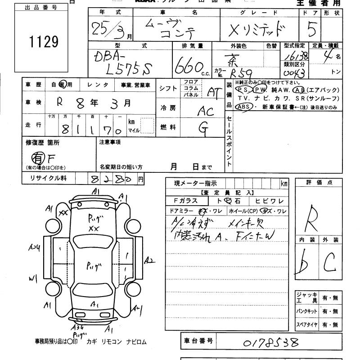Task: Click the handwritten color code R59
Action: pos(241,73)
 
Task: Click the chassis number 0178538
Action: pos(270,343)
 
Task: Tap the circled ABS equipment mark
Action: pos(243,107)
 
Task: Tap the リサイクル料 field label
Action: pos(48,179)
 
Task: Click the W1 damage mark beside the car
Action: pos(32,279)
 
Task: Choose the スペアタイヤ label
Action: pos(306,324)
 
